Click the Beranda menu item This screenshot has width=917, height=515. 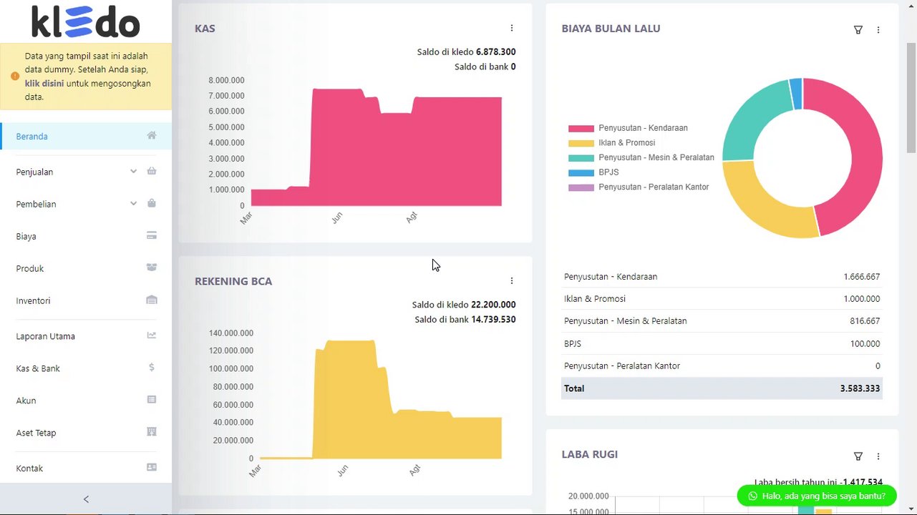[32, 137]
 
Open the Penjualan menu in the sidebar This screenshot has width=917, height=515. [34, 172]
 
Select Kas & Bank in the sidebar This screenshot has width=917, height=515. [38, 368]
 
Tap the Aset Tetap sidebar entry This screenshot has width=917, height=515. [36, 433]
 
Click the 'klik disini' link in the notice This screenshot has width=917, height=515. [44, 84]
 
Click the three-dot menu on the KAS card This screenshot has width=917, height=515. [512, 29]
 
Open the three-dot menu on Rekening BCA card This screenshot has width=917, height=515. [512, 281]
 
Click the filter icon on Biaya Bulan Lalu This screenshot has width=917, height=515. [858, 30]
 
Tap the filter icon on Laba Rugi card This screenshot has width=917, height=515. [858, 456]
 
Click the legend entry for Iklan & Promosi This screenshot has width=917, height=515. [626, 143]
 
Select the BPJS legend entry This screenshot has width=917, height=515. [608, 172]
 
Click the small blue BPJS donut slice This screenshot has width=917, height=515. [795, 94]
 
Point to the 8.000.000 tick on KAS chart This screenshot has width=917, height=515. [226, 80]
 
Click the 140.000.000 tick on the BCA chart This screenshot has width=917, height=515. [231, 333]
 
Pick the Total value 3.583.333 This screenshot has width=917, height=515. [860, 388]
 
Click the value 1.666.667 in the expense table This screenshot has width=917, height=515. [861, 277]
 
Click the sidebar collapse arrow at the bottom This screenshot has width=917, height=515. [86, 499]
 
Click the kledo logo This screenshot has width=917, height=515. [86, 22]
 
